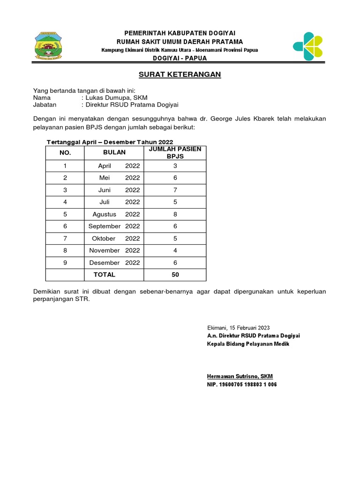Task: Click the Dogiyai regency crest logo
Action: point(48,46)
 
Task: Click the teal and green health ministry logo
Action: point(307,46)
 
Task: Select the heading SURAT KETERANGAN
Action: point(180,75)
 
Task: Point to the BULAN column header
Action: point(114,152)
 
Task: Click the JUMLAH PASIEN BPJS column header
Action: point(175,152)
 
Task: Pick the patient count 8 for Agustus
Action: point(175,214)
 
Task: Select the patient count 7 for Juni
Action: point(175,190)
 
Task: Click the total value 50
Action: point(175,274)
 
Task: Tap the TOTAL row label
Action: point(104,274)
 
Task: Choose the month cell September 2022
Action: point(114,226)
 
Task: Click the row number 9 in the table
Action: point(65,262)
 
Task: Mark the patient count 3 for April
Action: point(175,165)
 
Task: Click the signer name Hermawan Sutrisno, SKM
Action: point(240,376)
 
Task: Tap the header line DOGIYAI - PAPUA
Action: point(180,58)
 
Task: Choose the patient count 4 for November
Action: point(175,250)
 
